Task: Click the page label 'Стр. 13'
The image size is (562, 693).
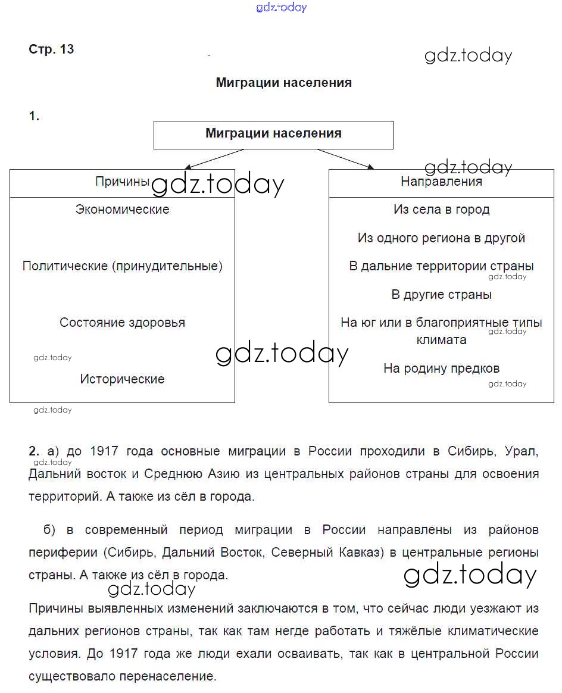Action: tap(51, 49)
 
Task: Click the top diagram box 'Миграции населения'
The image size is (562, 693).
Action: tap(273, 134)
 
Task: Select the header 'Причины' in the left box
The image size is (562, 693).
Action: tap(122, 182)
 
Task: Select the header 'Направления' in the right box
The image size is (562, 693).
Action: tap(441, 182)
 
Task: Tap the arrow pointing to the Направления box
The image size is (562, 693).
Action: tap(345, 159)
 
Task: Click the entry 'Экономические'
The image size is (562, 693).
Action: tap(122, 210)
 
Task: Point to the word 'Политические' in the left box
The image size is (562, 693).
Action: tap(65, 266)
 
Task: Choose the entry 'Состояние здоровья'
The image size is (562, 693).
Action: tap(122, 323)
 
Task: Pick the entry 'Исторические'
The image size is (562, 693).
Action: tap(122, 379)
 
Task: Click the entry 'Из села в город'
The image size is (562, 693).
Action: tap(441, 210)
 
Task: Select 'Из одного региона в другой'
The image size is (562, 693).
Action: tap(441, 238)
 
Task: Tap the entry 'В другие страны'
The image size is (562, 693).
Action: tap(441, 295)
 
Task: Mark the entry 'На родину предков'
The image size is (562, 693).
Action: tap(441, 369)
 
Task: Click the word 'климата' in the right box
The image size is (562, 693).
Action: tap(441, 340)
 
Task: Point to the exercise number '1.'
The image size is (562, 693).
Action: tap(34, 117)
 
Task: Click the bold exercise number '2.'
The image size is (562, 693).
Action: tap(34, 451)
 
